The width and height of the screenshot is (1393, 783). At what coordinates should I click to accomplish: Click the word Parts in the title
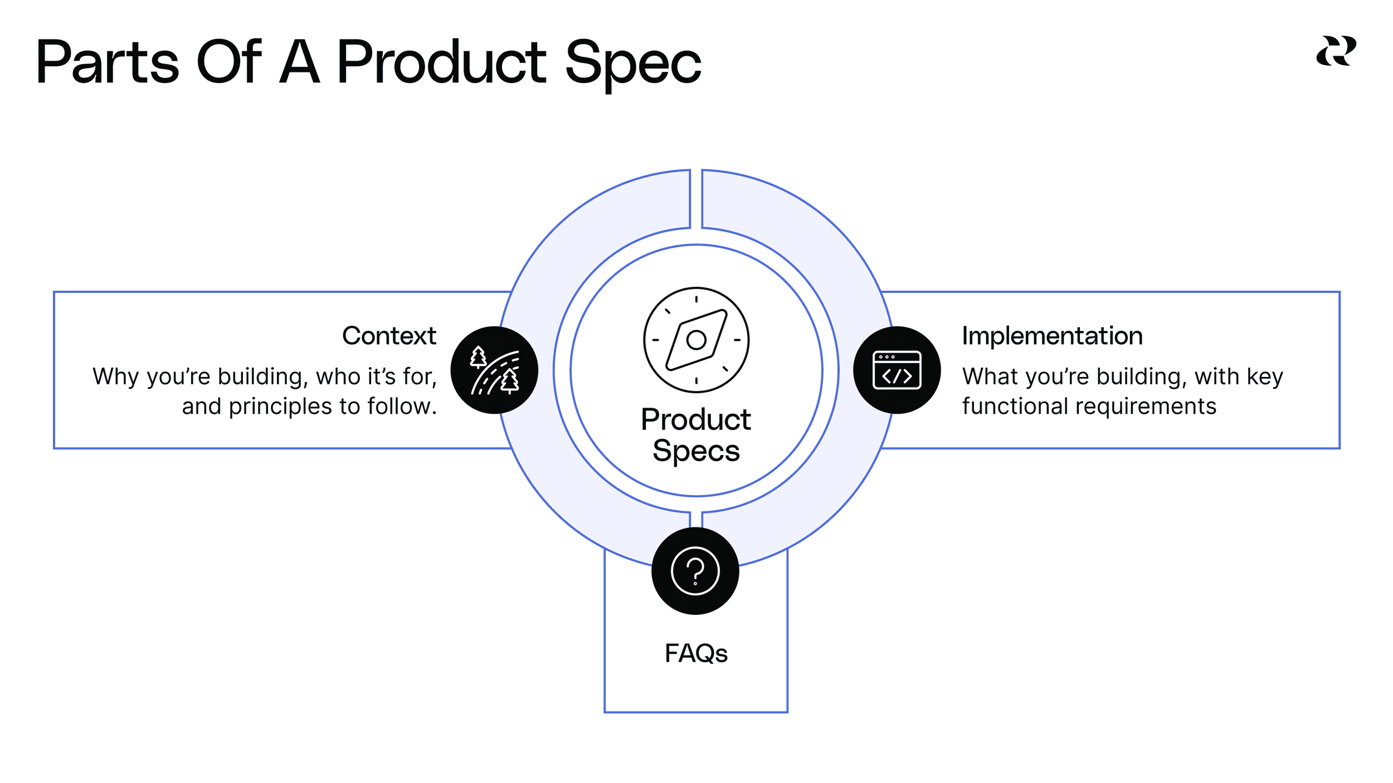pyautogui.click(x=108, y=62)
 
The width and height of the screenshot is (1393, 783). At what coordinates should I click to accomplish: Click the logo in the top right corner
pyautogui.click(x=1336, y=51)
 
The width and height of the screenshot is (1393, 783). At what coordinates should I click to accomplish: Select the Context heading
pyautogui.click(x=389, y=336)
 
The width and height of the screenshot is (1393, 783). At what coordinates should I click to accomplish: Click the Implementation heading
pyautogui.click(x=1052, y=336)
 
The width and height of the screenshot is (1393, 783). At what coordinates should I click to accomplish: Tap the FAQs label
pyautogui.click(x=696, y=653)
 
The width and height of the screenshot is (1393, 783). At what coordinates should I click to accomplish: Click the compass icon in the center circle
pyautogui.click(x=696, y=340)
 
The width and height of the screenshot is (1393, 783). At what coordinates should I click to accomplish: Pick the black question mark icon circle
pyautogui.click(x=695, y=571)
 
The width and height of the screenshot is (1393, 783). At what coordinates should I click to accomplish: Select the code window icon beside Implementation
pyautogui.click(x=897, y=370)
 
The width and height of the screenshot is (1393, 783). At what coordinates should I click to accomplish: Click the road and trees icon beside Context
pyautogui.click(x=494, y=370)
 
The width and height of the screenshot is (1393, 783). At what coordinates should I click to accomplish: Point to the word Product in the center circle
pyautogui.click(x=695, y=419)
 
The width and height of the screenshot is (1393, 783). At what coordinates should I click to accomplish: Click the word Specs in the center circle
pyautogui.click(x=696, y=451)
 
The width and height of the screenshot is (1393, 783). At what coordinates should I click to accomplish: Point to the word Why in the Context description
pyautogui.click(x=116, y=377)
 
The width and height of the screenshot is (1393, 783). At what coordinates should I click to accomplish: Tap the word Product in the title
pyautogui.click(x=441, y=62)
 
